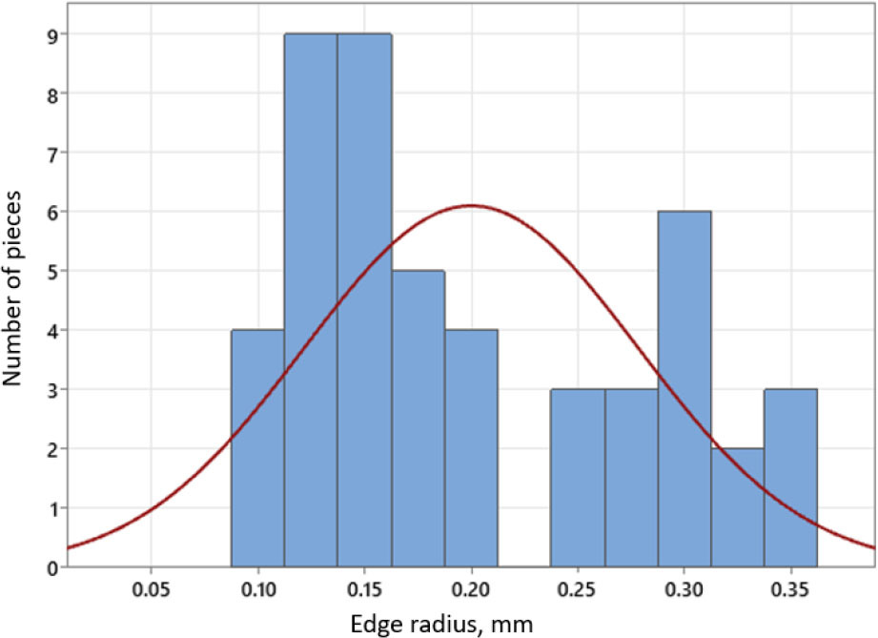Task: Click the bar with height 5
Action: click(418, 420)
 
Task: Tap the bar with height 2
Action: click(737, 507)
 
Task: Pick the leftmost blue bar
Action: click(257, 448)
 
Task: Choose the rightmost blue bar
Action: click(790, 478)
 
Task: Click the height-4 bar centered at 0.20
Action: click(471, 448)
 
